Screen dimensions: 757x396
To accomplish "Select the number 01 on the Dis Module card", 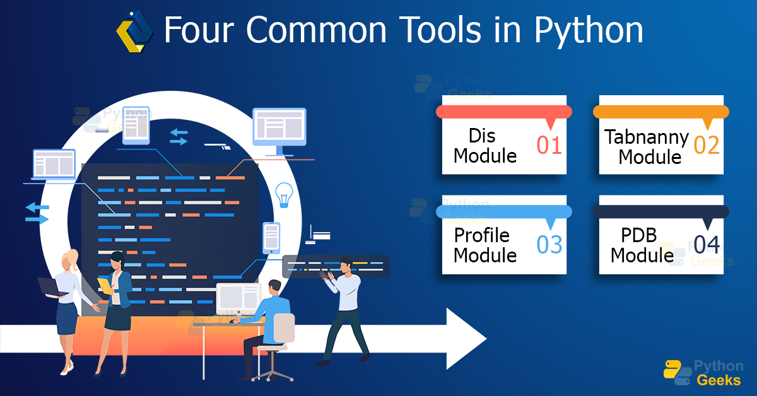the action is (549, 145).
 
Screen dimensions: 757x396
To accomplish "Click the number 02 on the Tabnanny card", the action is (707, 145).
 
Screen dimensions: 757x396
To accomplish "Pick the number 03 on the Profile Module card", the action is (549, 245).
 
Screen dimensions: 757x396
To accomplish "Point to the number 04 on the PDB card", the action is (707, 245).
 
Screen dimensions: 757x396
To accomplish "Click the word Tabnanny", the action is (646, 137).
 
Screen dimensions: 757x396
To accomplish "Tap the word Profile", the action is (481, 235).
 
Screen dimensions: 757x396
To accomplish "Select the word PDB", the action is (638, 235).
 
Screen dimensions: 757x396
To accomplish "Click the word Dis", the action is (482, 136).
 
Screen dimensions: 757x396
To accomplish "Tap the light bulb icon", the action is (285, 195).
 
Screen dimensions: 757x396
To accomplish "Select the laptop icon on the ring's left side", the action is (54, 165).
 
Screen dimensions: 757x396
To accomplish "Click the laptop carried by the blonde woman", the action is (52, 287).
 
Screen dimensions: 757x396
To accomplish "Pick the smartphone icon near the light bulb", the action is (271, 237).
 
